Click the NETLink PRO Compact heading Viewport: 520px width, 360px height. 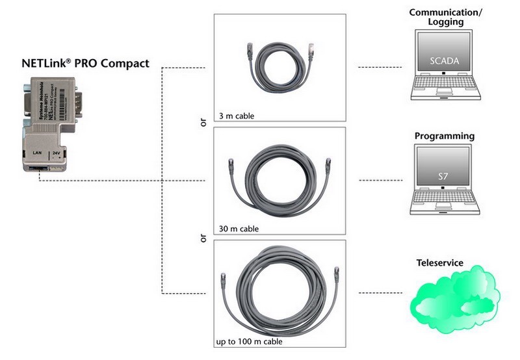pos(85,64)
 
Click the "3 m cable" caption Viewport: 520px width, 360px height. pos(237,116)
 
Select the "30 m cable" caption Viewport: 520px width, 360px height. pos(239,229)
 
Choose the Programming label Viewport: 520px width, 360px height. pos(445,136)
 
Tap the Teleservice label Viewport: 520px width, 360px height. pos(439,263)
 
